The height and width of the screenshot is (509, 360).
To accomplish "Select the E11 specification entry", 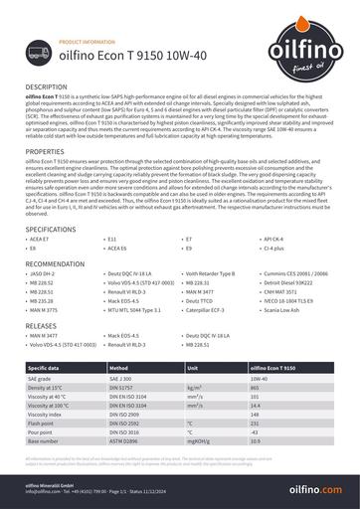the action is (x=111, y=240).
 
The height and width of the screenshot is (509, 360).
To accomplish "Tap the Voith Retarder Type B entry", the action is (x=210, y=272).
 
